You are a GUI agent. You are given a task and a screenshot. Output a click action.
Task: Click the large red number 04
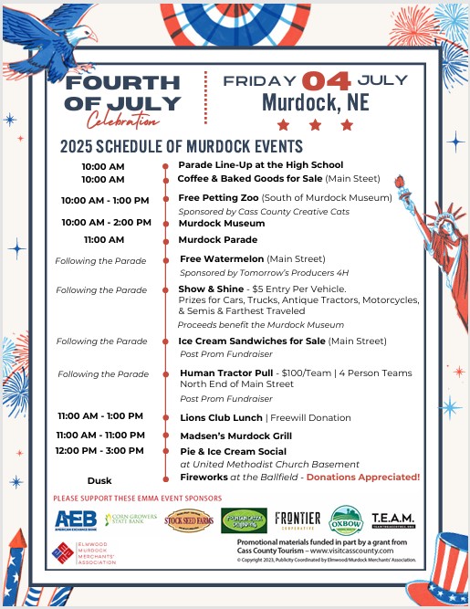coord(326,81)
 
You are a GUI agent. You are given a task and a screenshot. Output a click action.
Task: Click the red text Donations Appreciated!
coord(363,477)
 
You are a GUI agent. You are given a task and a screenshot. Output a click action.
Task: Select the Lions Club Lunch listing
coord(216,417)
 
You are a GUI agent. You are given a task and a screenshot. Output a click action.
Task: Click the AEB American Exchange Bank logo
coord(76,520)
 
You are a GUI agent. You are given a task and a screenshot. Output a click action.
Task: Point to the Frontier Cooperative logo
coord(298,520)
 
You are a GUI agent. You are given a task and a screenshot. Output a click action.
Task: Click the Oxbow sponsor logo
coord(346,520)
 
